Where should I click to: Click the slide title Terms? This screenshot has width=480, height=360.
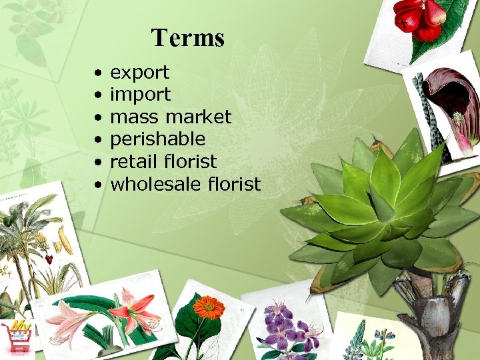click(x=187, y=38)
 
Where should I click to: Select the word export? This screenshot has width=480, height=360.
click(x=139, y=72)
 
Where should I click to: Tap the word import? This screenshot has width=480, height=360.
click(x=140, y=95)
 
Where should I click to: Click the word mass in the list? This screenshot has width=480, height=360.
click(x=134, y=117)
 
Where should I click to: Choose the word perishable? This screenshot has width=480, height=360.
click(x=157, y=139)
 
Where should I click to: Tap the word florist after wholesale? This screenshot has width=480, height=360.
click(x=234, y=184)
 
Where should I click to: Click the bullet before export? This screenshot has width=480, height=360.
click(x=98, y=72)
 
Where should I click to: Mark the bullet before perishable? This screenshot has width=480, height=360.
click(x=98, y=139)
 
